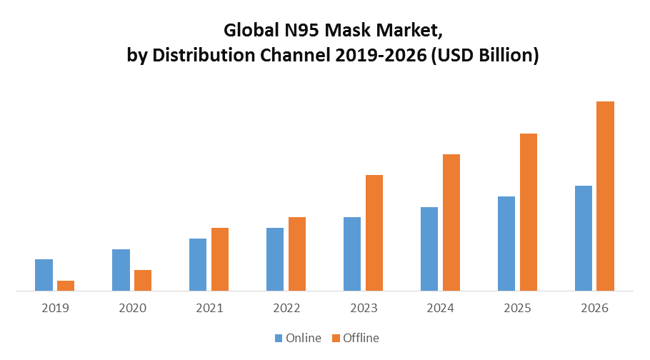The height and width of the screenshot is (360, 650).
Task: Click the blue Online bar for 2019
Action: (44, 275)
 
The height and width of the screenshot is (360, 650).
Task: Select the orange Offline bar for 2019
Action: (66, 286)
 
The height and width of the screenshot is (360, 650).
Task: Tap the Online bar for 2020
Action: (121, 270)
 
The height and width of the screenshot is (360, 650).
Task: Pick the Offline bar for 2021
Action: (220, 259)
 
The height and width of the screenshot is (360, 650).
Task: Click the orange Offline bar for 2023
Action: (374, 233)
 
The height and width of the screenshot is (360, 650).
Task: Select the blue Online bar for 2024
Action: (429, 249)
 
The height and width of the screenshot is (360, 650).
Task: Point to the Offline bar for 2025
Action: (529, 212)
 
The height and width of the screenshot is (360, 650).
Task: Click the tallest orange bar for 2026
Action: (606, 196)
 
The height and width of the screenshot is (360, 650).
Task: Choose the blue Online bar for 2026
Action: (584, 238)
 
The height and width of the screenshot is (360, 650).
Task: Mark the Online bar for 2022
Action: (275, 259)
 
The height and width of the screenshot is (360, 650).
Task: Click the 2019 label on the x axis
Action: (55, 309)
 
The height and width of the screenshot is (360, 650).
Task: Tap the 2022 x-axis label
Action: (286, 309)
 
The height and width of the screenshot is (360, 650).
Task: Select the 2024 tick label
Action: (441, 309)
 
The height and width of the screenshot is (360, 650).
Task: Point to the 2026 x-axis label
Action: (595, 309)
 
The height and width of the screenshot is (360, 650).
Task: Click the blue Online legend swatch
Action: (279, 338)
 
